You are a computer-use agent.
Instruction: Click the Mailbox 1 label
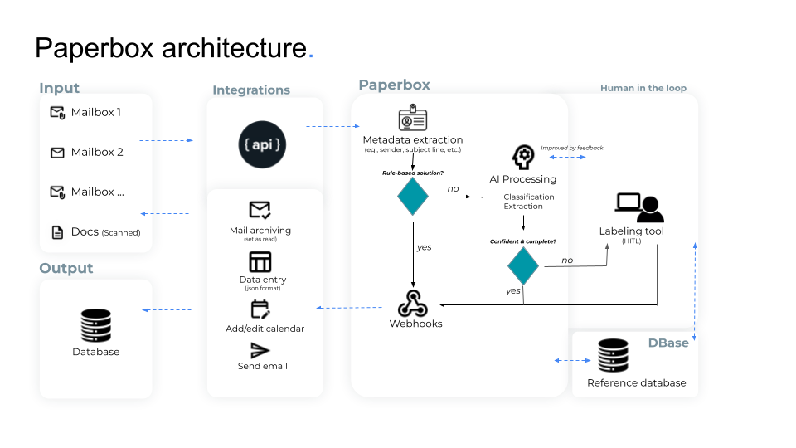tap(95, 112)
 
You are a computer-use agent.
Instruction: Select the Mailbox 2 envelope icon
tap(57, 153)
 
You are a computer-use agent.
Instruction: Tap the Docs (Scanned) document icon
tap(57, 232)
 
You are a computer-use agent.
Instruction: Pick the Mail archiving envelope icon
tap(260, 210)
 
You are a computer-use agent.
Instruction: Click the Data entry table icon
tap(260, 262)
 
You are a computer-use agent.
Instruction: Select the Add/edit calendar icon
tap(260, 309)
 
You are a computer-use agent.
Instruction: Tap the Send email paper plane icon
tap(260, 350)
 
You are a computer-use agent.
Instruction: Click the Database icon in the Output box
tap(95, 326)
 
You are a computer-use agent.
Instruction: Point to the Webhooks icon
tap(412, 303)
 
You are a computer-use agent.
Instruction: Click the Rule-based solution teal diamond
tap(413, 197)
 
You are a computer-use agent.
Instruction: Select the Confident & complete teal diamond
tap(523, 265)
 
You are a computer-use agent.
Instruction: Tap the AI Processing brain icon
tap(523, 157)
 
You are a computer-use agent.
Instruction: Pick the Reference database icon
tap(614, 356)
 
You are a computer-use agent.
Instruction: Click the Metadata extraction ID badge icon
tap(412, 119)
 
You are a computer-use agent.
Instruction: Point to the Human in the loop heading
tap(643, 88)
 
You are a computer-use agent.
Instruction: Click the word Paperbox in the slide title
tap(95, 47)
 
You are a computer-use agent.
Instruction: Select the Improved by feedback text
tap(572, 148)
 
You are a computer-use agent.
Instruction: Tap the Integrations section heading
tap(251, 90)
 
